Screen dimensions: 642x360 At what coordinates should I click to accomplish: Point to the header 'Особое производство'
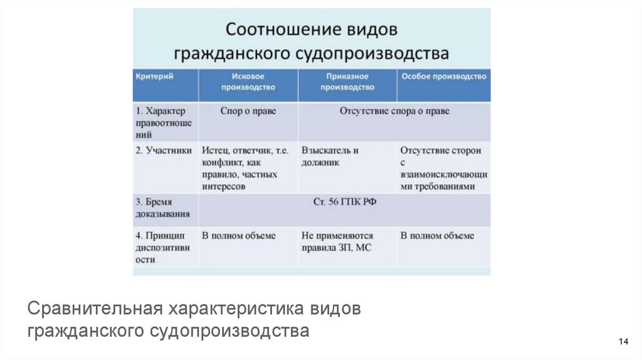click(x=443, y=76)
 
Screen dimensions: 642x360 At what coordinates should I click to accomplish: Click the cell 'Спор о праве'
click(x=248, y=110)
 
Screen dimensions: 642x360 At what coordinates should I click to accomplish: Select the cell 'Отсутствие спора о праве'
click(x=394, y=110)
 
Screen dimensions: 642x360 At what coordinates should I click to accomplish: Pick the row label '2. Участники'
click(x=164, y=151)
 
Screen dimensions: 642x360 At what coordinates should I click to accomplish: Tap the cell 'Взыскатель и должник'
click(x=330, y=156)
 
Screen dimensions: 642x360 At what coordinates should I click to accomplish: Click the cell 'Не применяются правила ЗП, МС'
click(x=337, y=241)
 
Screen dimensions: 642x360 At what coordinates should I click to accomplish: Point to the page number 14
click(x=623, y=341)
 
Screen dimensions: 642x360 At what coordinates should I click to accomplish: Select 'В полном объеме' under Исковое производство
click(x=238, y=236)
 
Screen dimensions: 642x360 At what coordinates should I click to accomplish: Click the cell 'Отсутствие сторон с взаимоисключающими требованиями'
click(x=444, y=168)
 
